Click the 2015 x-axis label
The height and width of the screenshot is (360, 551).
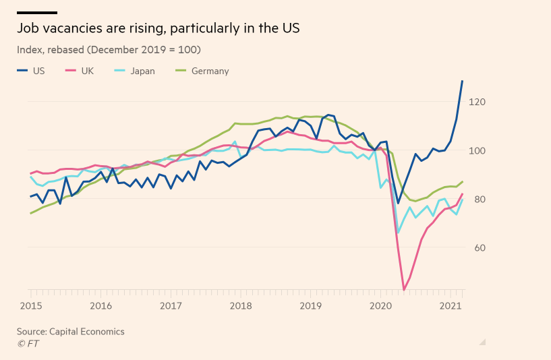[x=30, y=305]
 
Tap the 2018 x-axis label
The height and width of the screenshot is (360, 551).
[x=241, y=305]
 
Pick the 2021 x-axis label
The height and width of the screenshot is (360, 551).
[x=451, y=305]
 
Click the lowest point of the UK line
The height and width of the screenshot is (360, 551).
[x=404, y=290]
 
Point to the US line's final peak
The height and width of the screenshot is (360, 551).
[x=462, y=81]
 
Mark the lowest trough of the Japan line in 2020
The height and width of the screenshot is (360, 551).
[x=397, y=233]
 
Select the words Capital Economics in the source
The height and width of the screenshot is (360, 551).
[x=87, y=332]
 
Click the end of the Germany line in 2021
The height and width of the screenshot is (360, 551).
[x=462, y=181]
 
